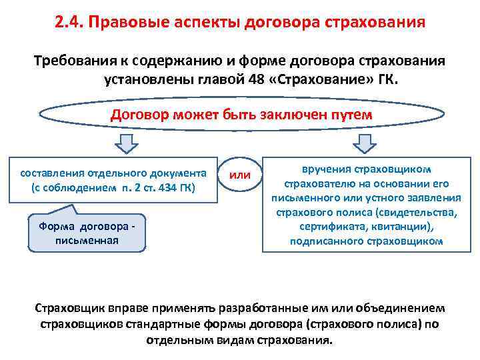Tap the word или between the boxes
240,175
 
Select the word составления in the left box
51,172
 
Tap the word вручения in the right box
324,169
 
